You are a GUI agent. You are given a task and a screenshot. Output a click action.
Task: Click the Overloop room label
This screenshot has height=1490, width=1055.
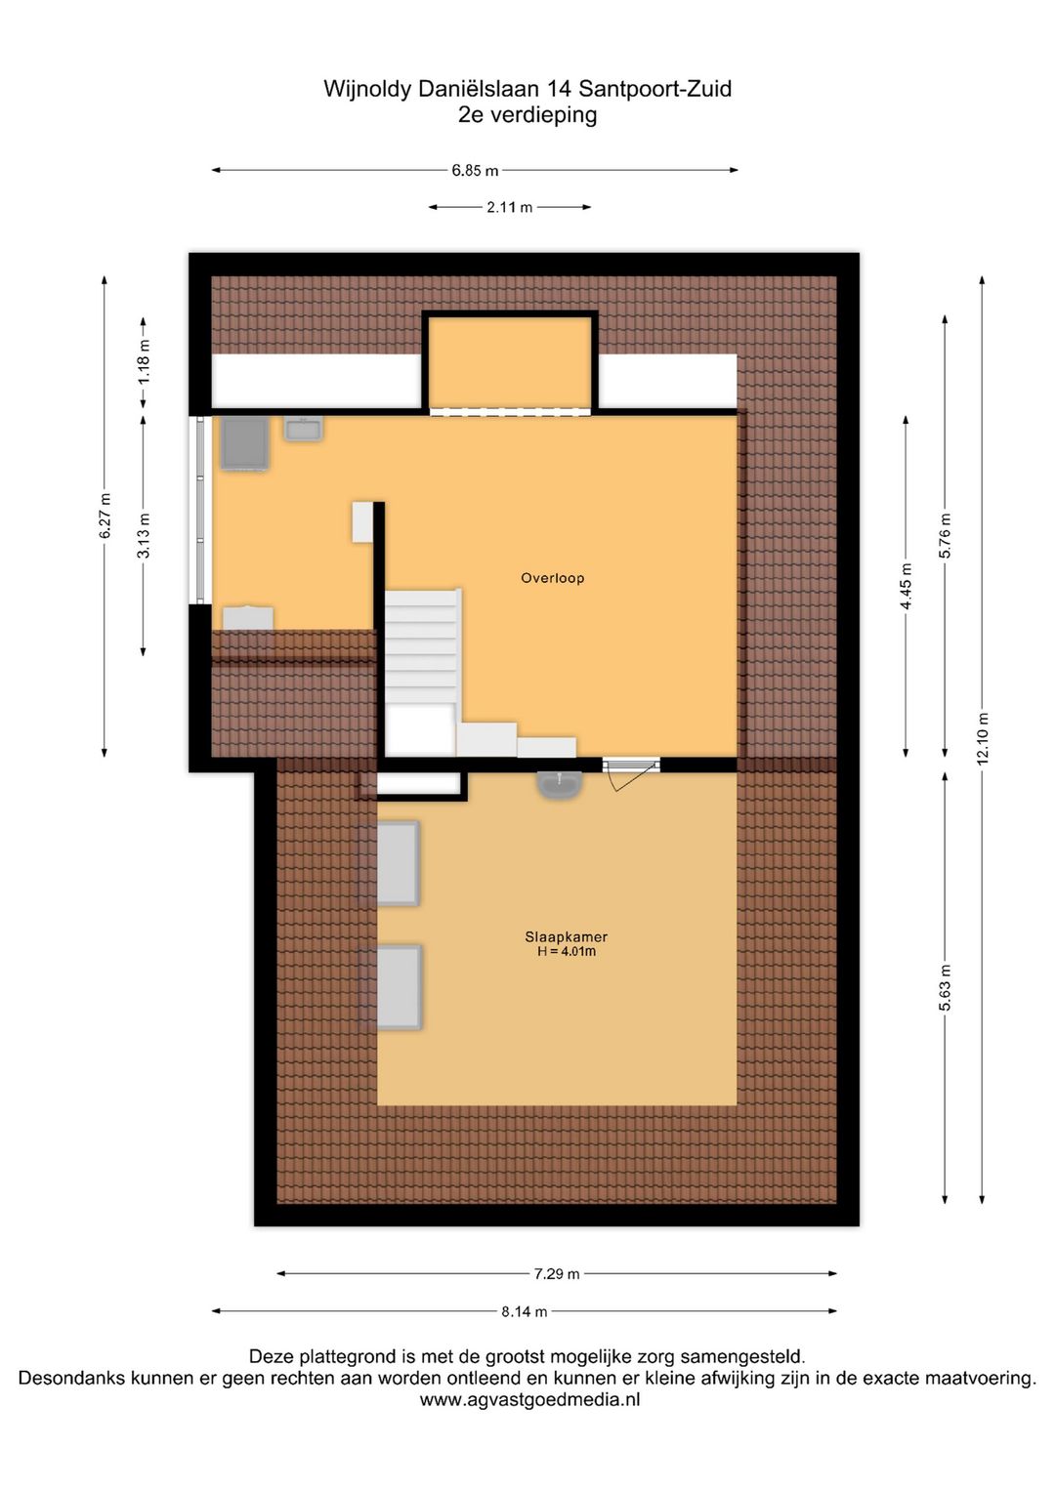[552, 578]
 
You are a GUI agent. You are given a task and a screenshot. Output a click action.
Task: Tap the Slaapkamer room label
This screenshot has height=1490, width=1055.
[566, 936]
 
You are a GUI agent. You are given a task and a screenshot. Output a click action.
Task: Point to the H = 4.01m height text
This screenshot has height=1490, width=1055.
[566, 952]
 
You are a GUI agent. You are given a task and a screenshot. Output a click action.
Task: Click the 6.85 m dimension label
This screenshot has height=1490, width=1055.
[475, 171]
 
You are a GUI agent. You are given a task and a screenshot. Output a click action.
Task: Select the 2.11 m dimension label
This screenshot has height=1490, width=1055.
[510, 208]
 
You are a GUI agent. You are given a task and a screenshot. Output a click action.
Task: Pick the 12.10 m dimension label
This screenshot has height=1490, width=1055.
[983, 738]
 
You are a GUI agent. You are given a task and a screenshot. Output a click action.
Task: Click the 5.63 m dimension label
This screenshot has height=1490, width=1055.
[945, 988]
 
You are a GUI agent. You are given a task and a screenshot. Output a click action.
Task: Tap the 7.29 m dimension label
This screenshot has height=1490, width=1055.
[557, 1274]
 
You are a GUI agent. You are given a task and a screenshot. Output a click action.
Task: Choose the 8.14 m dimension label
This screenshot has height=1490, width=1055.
[525, 1311]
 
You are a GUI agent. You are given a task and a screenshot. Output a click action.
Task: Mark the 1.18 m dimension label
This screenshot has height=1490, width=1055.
[144, 361]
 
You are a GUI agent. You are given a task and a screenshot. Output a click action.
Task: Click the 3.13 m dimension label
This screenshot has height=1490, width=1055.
[144, 536]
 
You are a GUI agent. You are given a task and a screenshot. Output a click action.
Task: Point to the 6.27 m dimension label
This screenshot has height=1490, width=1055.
[105, 516]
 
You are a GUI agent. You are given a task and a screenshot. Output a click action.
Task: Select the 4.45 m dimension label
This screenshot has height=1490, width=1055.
[906, 587]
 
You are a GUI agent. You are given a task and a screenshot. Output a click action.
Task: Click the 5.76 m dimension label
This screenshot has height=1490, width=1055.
[945, 536]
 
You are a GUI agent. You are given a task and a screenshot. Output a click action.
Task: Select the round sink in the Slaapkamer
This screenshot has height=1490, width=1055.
[560, 784]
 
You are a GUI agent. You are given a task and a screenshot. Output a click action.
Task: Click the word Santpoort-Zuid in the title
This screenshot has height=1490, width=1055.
[654, 89]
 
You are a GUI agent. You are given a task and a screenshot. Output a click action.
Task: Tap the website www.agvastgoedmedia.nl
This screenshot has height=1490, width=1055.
[529, 1400]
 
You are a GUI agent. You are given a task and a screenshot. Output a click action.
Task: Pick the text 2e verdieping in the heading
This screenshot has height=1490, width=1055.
[527, 115]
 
